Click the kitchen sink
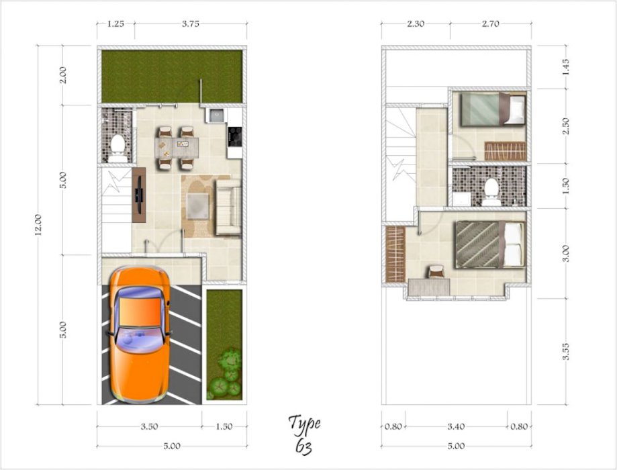pyautogui.click(x=216, y=115)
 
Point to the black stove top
pyautogui.click(x=235, y=136)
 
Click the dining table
pyautogui.click(x=177, y=147)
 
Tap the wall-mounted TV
pyautogui.click(x=138, y=195)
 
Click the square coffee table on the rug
pyautogui.click(x=198, y=206)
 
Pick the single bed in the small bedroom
pyautogui.click(x=493, y=109)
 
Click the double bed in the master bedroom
pyautogui.click(x=490, y=244)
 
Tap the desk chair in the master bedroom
pyautogui.click(x=436, y=272)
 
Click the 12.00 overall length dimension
pyautogui.click(x=38, y=225)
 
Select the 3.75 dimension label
pyautogui.click(x=191, y=23)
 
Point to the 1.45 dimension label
pyautogui.click(x=566, y=66)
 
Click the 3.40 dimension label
pyautogui.click(x=456, y=426)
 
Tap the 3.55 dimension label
pyautogui.click(x=566, y=351)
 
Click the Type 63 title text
pyautogui.click(x=305, y=435)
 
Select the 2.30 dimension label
pyautogui.click(x=416, y=23)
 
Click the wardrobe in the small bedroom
pyautogui.click(x=506, y=151)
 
